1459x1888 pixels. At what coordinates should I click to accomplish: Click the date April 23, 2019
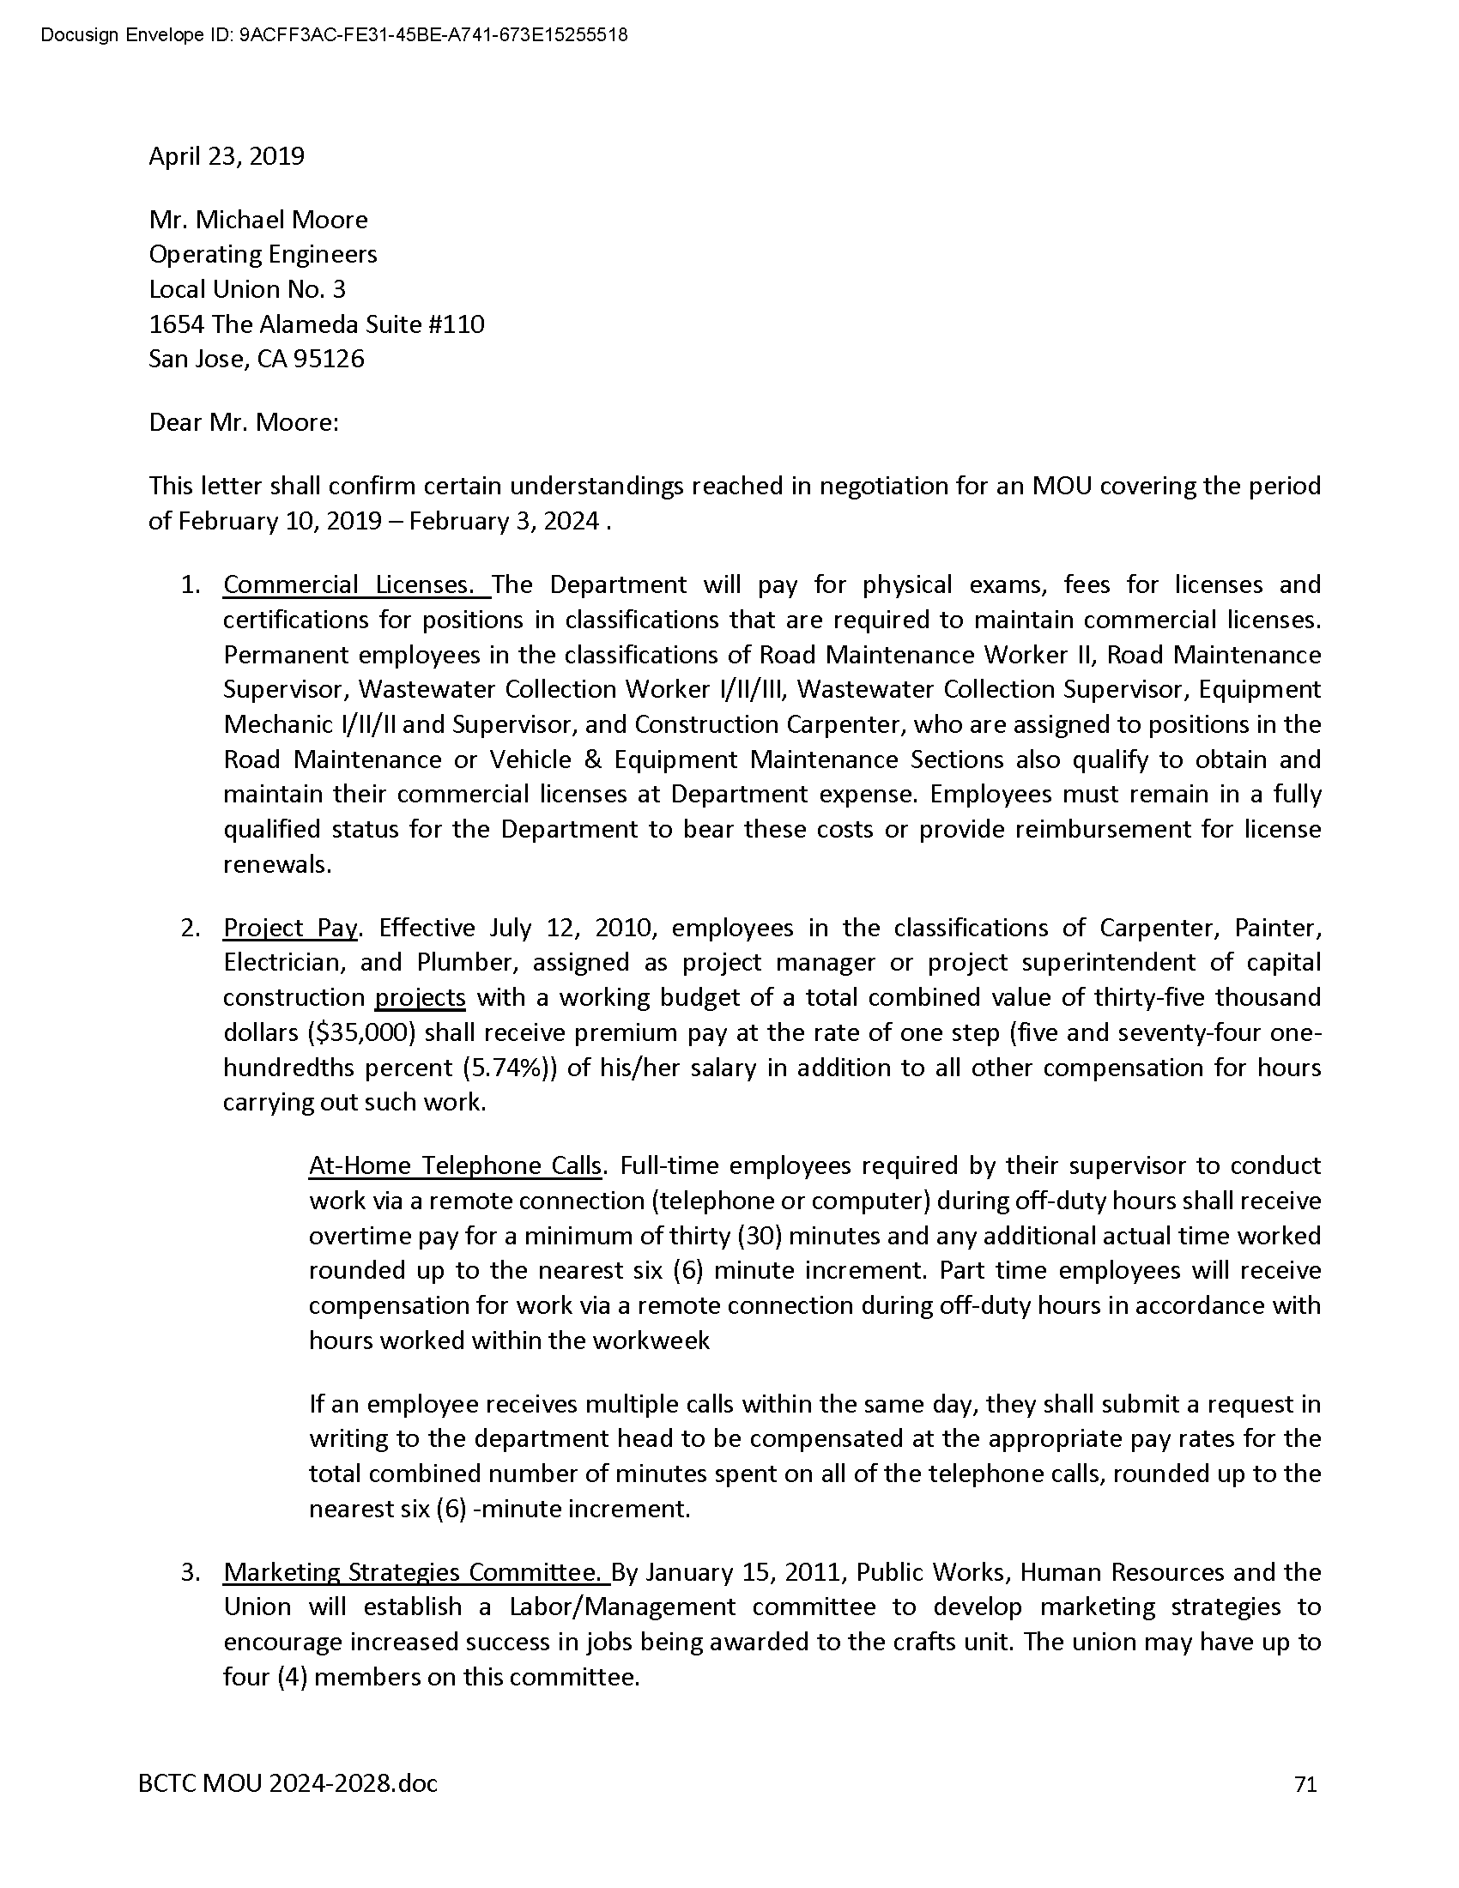[x=227, y=156]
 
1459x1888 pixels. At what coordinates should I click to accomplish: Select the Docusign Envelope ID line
[x=334, y=35]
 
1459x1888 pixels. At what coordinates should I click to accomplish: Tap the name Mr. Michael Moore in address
[x=258, y=220]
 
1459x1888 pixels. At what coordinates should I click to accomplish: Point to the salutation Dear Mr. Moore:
[x=244, y=423]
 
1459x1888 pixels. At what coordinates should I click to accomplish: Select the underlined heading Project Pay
[x=289, y=929]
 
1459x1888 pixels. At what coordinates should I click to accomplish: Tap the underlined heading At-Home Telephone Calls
[x=455, y=1166]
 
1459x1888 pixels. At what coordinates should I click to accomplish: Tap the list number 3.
[x=191, y=1572]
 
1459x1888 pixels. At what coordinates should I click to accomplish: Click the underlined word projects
[x=420, y=998]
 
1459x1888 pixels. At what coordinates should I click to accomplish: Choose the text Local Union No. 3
[x=247, y=288]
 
